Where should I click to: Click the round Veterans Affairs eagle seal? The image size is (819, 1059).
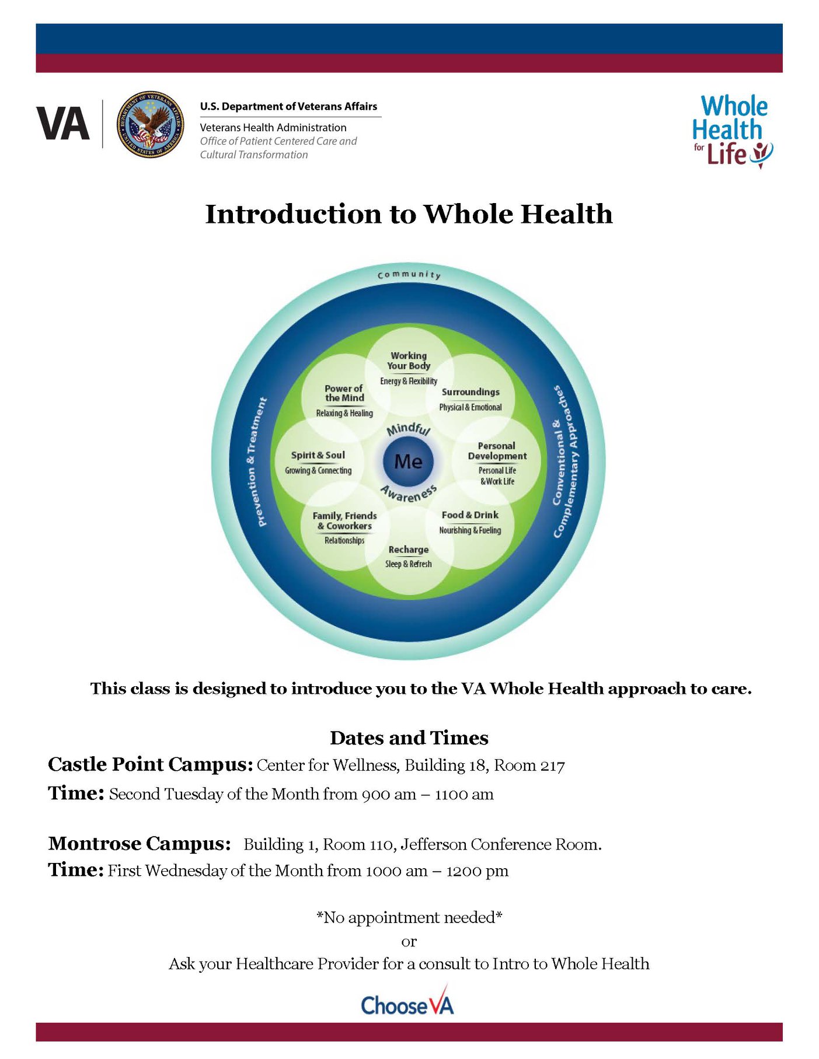point(151,124)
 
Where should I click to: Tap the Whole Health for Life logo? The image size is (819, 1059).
point(733,132)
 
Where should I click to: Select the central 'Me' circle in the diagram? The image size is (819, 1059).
point(408,462)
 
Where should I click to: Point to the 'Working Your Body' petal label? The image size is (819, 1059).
point(409,361)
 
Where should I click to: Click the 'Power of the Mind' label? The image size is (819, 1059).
point(344,393)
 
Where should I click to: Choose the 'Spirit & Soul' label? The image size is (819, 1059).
point(318,455)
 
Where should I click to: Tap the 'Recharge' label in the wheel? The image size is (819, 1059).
point(409,550)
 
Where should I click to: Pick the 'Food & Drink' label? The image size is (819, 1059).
point(470,515)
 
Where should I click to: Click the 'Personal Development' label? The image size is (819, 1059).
point(497,450)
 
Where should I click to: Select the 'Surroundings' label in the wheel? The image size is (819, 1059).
point(471,392)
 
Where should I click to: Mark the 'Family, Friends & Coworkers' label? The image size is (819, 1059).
point(344,520)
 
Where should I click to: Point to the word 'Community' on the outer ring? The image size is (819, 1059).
point(409,274)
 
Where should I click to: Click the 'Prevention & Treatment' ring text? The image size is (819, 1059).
point(262,462)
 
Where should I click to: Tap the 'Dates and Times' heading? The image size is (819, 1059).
point(409,738)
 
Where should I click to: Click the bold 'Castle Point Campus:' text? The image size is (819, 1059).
point(151,764)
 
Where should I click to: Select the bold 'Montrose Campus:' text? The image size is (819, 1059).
point(140,844)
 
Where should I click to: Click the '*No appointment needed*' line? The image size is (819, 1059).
point(409,917)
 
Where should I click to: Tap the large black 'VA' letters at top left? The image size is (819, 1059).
point(63,124)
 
